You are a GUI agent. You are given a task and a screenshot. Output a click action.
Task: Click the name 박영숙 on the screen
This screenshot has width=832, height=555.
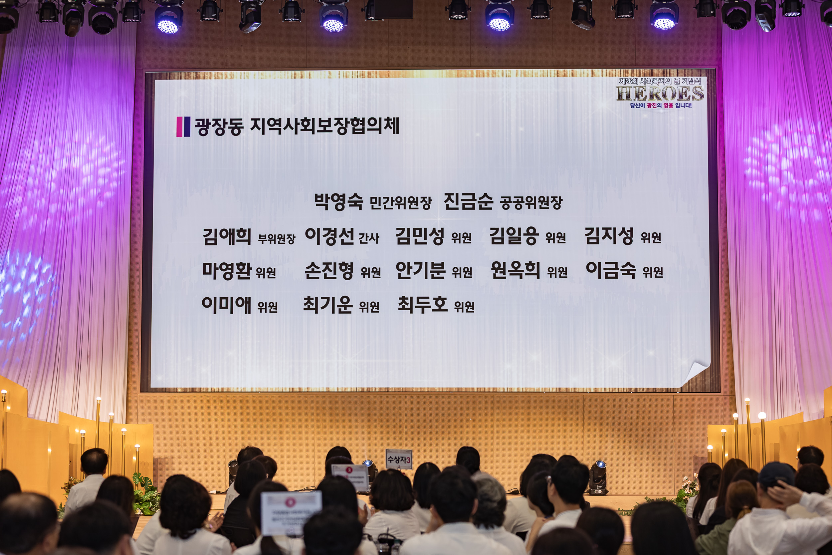tap(338, 201)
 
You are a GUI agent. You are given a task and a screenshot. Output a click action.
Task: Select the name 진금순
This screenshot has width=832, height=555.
tap(468, 201)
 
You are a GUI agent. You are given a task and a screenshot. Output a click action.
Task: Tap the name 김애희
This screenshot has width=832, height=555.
tap(227, 236)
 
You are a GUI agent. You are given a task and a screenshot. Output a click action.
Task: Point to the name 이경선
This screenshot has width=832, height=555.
tap(329, 236)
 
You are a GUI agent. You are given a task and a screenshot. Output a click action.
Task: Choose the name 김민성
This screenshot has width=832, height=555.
tap(420, 236)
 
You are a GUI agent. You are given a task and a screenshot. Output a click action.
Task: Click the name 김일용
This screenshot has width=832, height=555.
tap(514, 236)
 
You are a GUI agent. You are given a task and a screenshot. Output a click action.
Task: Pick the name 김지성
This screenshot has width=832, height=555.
tap(608, 236)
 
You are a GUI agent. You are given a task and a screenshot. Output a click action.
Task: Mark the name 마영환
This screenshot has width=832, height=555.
tap(227, 271)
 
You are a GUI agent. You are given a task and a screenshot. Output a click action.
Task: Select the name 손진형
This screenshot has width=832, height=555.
tap(329, 271)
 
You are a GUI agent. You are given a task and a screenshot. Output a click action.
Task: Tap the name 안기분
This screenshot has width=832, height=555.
tap(420, 270)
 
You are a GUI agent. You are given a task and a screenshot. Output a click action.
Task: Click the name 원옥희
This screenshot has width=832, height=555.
tap(515, 270)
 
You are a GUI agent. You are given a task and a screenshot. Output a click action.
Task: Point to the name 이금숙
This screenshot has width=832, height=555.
tap(611, 270)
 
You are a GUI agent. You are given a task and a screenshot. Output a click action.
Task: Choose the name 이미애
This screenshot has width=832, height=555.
tap(226, 305)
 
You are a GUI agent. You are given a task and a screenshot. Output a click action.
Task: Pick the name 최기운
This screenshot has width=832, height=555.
tap(327, 305)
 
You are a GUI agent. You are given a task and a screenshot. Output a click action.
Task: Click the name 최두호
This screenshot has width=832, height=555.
tap(422, 305)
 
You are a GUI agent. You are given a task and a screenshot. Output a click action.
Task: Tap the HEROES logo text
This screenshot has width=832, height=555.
tap(660, 94)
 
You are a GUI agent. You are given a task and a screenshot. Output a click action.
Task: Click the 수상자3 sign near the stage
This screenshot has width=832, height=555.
tap(399, 459)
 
